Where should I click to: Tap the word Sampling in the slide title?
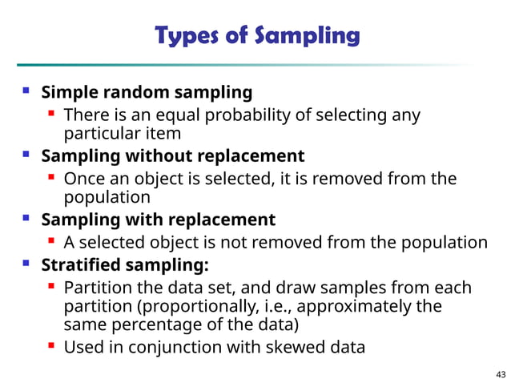[x=308, y=37]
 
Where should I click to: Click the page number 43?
[x=501, y=374]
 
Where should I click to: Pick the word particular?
[x=97, y=133]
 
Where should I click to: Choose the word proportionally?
[x=209, y=306]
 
